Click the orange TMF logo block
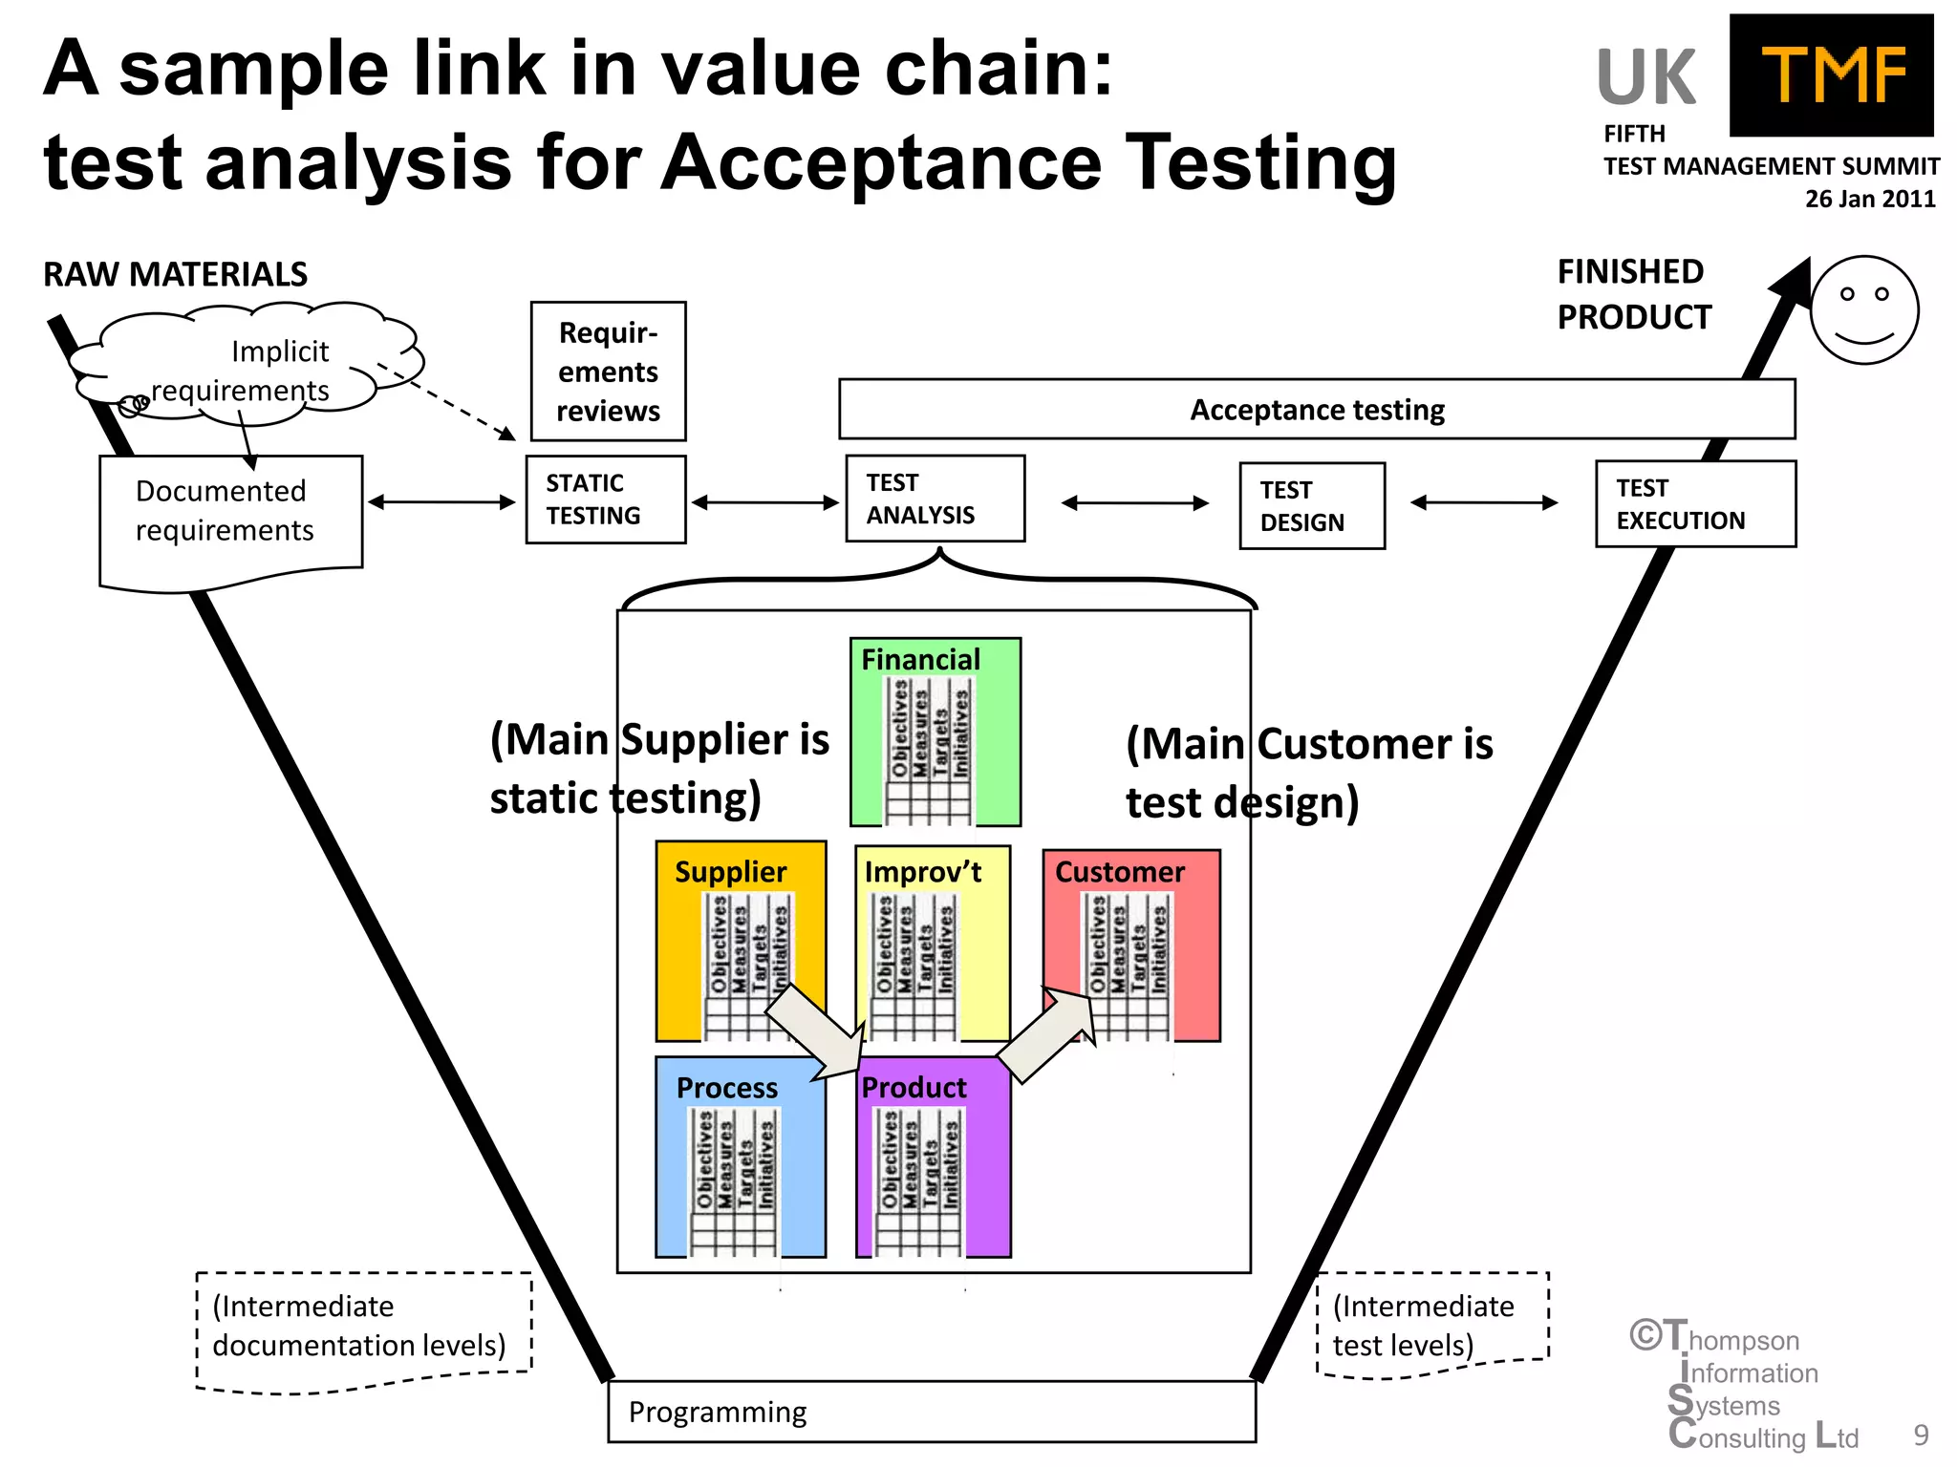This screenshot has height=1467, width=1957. [x=1831, y=75]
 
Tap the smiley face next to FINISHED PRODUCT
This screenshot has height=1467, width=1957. [x=1863, y=309]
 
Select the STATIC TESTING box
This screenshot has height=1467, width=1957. [x=605, y=500]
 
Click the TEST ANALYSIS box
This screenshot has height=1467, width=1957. [x=935, y=499]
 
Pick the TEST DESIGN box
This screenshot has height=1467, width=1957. [x=1311, y=506]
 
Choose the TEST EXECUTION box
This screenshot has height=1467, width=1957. [x=1694, y=504]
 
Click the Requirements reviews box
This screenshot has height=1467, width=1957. [x=608, y=372]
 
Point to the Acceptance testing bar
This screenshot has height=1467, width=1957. [x=1316, y=410]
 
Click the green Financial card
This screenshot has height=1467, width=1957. [x=935, y=732]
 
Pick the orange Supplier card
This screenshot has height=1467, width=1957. [x=740, y=941]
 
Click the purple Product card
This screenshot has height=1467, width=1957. [x=934, y=1157]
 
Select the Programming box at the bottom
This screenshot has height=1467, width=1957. [x=931, y=1412]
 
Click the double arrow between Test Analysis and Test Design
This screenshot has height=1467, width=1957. [x=1134, y=503]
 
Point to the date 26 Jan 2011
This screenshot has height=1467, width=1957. [x=1869, y=199]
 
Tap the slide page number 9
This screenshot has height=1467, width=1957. [x=1921, y=1434]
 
